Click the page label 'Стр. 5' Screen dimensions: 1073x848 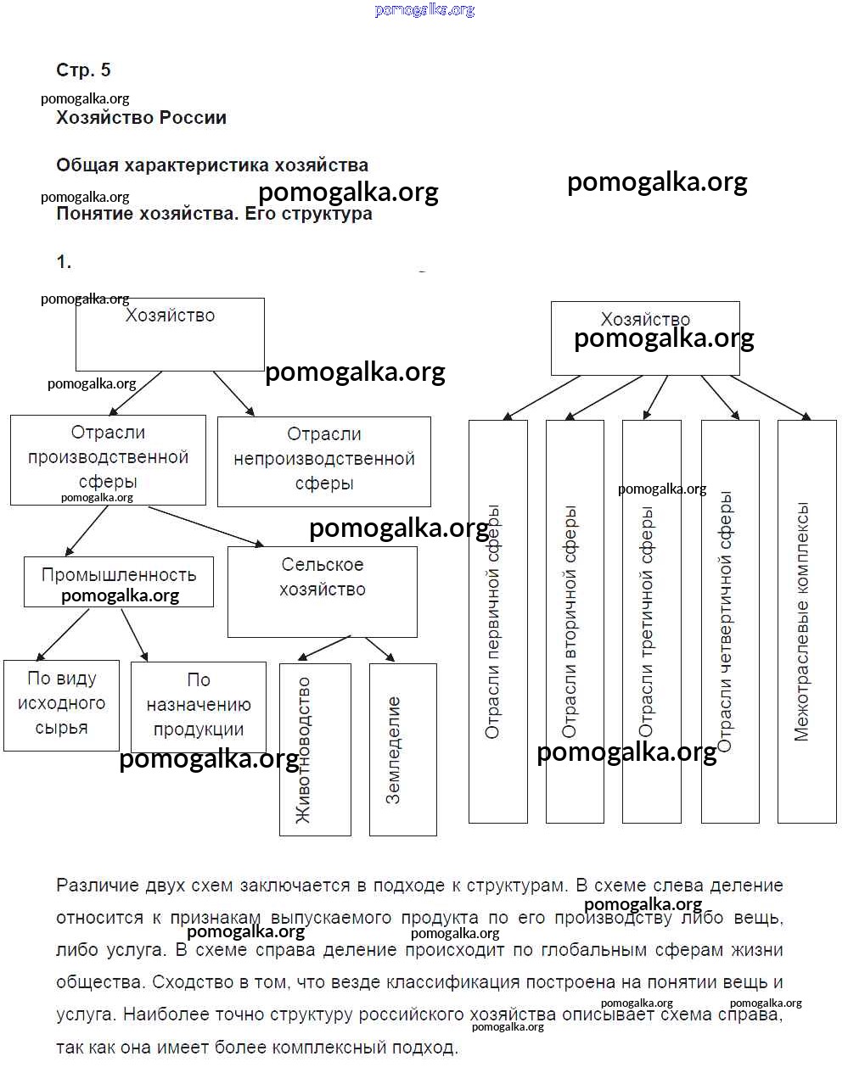[83, 70]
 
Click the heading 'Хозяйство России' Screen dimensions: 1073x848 [141, 118]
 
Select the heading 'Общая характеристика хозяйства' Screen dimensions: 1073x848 [212, 165]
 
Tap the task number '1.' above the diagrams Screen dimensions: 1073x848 [64, 262]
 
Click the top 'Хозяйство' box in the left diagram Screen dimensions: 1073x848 [170, 333]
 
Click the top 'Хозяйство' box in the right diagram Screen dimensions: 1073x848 [645, 338]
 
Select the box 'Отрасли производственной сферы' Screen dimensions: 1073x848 [108, 459]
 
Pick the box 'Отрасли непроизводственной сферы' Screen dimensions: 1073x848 [323, 460]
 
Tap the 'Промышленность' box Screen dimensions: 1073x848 [118, 581]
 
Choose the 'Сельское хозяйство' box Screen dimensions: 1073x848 [322, 591]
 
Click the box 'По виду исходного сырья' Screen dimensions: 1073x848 [61, 705]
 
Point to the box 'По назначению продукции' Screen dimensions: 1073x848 [198, 707]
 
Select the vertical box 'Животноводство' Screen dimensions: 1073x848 [315, 749]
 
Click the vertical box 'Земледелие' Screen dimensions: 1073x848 [402, 749]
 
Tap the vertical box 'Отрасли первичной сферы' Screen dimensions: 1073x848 [497, 621]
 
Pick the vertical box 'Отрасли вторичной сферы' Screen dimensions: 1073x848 [575, 621]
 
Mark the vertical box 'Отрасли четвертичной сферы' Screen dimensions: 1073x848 [730, 621]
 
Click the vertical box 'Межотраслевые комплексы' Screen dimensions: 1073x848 [806, 621]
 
